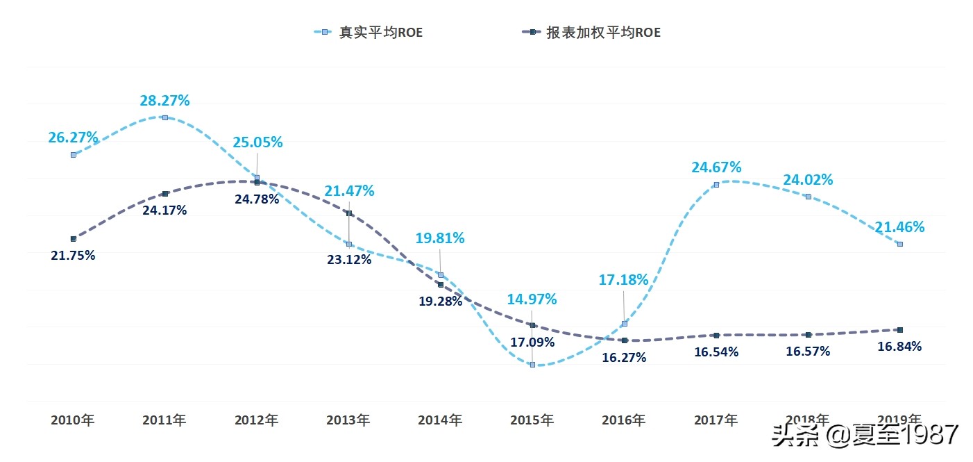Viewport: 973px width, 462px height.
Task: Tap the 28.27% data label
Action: pyautogui.click(x=164, y=101)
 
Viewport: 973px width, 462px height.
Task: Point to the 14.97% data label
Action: pyautogui.click(x=532, y=299)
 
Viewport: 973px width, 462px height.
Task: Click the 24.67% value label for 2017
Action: pyautogui.click(x=716, y=167)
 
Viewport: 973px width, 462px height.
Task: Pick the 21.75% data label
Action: pyautogui.click(x=73, y=255)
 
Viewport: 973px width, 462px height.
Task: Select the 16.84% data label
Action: pyautogui.click(x=899, y=347)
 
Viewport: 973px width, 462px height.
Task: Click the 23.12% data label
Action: pyautogui.click(x=349, y=260)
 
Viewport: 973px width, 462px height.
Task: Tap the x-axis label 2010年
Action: pyautogui.click(x=73, y=420)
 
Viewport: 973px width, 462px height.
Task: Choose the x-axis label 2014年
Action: pyautogui.click(x=440, y=420)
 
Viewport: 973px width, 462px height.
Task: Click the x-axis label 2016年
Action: pyautogui.click(x=624, y=420)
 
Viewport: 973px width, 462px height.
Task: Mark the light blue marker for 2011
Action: pyautogui.click(x=164, y=117)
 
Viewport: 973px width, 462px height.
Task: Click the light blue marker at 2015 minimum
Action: pyautogui.click(x=532, y=364)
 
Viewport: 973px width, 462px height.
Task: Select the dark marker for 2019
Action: pyautogui.click(x=900, y=329)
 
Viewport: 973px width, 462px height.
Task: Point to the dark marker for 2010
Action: pyautogui.click(x=73, y=238)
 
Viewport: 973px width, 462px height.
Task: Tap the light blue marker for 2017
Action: pyautogui.click(x=716, y=185)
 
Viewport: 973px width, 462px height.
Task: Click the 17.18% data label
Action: pyautogui.click(x=623, y=280)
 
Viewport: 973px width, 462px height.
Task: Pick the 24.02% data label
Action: pyautogui.click(x=808, y=180)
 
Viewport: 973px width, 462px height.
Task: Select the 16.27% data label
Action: pyautogui.click(x=624, y=357)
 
